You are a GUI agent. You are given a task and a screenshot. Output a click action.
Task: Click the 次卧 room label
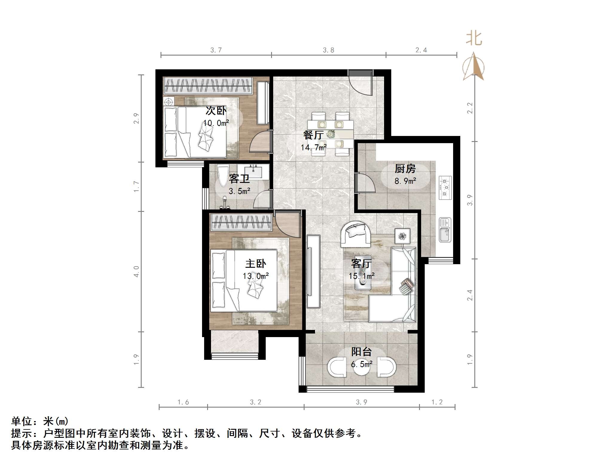[216, 111]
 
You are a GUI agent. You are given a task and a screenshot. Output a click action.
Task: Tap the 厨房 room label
[405, 169]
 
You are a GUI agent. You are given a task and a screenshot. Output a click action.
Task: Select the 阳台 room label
[361, 352]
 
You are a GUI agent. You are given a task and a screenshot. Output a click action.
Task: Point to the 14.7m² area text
[314, 147]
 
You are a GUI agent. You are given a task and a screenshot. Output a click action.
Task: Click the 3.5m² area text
[239, 191]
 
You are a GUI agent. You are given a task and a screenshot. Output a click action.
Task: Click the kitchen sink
[445, 230]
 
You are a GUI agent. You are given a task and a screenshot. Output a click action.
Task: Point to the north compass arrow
[473, 67]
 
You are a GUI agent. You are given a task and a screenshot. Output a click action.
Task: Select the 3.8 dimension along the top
[328, 50]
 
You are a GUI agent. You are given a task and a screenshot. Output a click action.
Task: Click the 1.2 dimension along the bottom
[437, 402]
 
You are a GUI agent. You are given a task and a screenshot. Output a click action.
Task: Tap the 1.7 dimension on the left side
[136, 186]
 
